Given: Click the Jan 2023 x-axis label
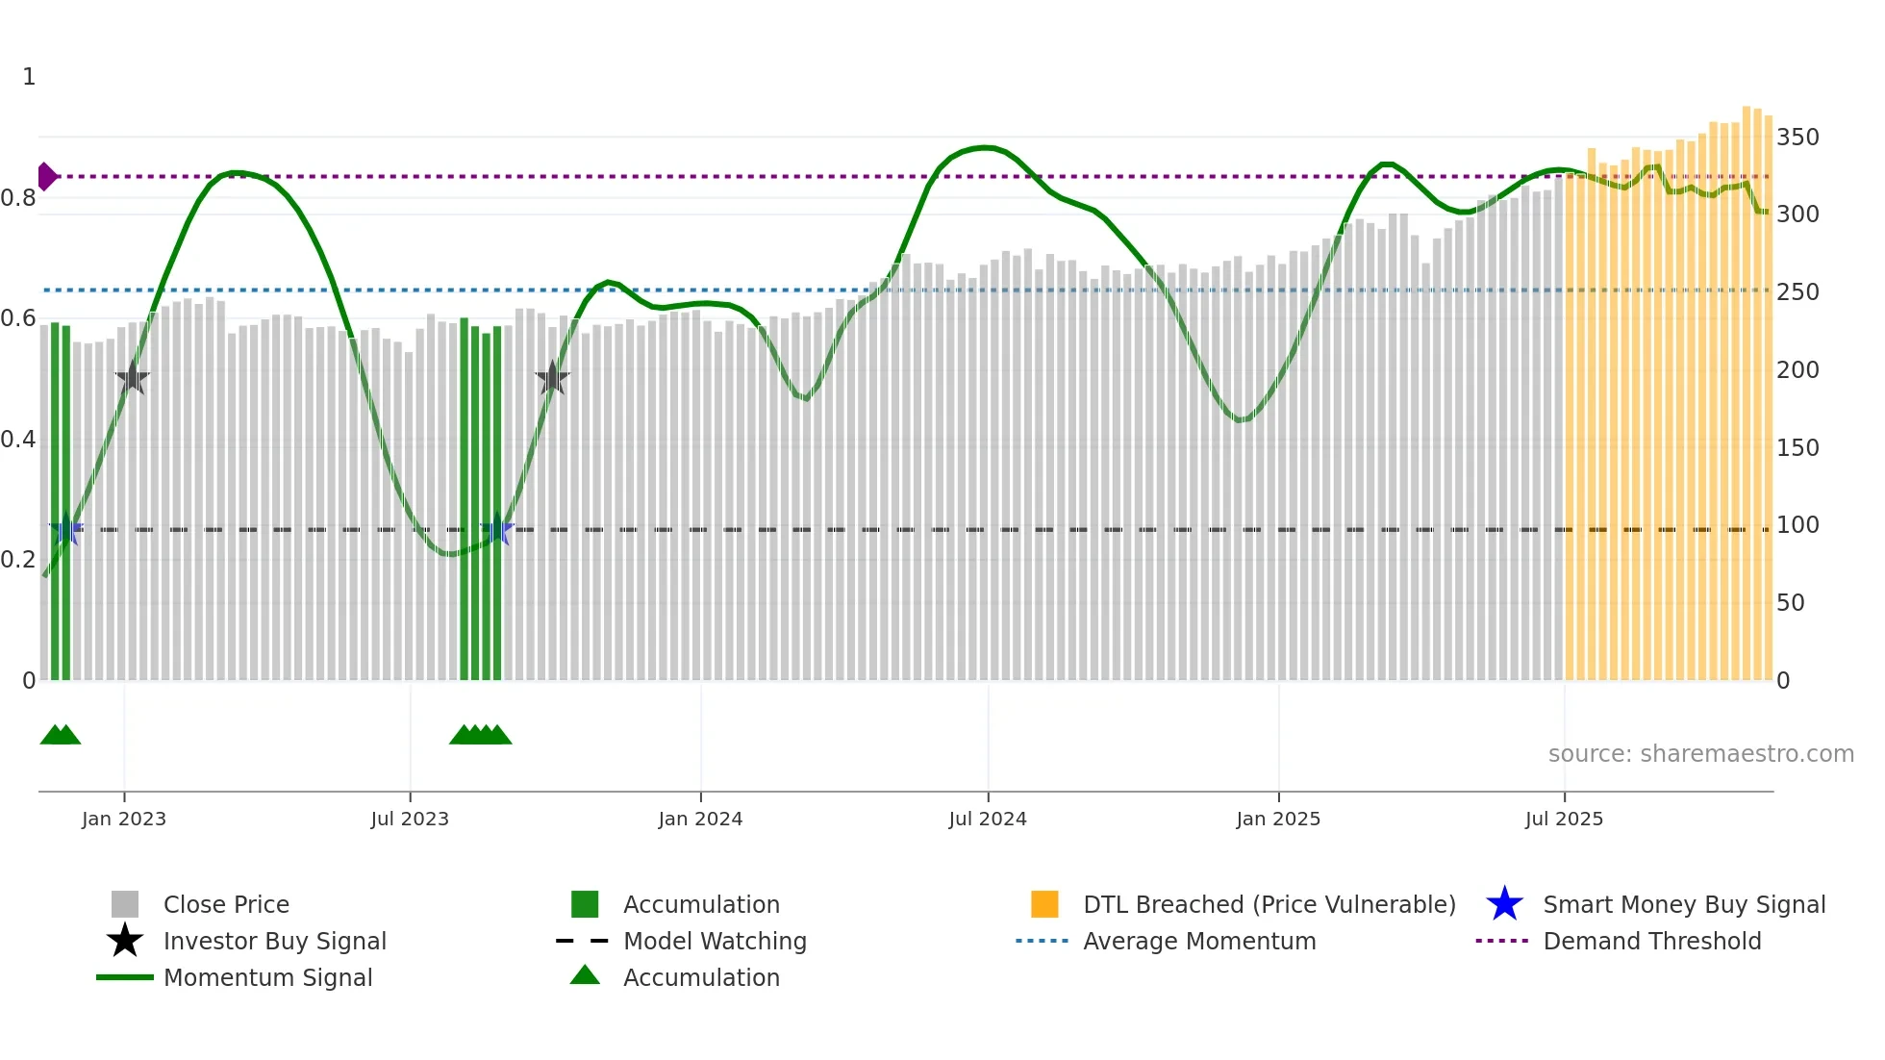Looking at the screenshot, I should coord(123,819).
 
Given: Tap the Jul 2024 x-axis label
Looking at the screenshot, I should coord(987,819).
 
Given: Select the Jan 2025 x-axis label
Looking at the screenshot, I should coord(1277,819).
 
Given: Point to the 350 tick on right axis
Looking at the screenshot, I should coord(1797,138).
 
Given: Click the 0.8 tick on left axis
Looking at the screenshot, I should coord(17,198).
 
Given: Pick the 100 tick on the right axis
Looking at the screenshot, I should coord(1797,525).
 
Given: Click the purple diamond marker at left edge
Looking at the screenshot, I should coord(46,177).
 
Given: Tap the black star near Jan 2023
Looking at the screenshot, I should coord(132,379).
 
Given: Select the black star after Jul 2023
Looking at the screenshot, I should coord(552,379).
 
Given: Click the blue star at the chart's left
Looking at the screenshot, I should coord(65,530).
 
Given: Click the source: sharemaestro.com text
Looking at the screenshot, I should coord(1700,754).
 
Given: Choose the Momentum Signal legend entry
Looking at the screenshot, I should coord(267,978).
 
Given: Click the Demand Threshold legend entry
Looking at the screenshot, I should coord(1651,942).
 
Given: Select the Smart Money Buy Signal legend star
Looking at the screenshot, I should coord(1504,905).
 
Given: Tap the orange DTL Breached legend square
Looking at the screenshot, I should coord(1044,904).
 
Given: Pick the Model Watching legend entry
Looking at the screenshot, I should coord(714,942).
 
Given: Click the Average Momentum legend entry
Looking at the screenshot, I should coord(1198,942).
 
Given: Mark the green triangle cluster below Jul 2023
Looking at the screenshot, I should coord(480,736).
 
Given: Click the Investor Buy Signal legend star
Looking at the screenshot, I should coord(125,942).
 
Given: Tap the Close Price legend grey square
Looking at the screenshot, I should coord(125,904).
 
